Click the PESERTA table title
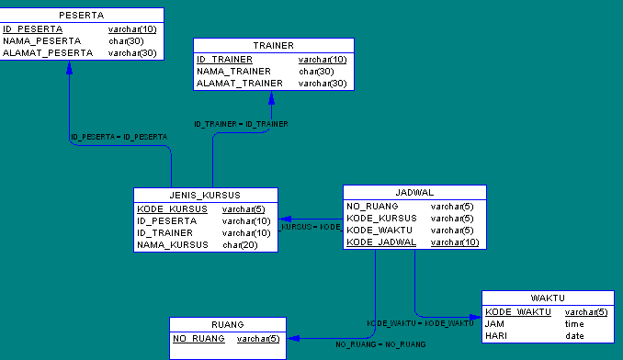(81, 16)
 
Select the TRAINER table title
(273, 46)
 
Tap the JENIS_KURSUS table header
(205, 195)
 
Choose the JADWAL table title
(414, 193)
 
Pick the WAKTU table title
(547, 298)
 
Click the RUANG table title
(227, 324)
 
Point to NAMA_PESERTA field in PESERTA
(42, 41)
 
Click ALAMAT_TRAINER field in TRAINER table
(239, 84)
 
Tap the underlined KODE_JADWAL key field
(381, 242)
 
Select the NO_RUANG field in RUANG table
(198, 339)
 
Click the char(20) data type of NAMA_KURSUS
(240, 245)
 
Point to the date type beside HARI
(574, 336)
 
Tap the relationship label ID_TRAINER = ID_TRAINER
(241, 124)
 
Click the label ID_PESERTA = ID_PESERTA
(119, 137)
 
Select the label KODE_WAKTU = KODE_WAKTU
(421, 323)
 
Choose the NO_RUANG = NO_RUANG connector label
(379, 344)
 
